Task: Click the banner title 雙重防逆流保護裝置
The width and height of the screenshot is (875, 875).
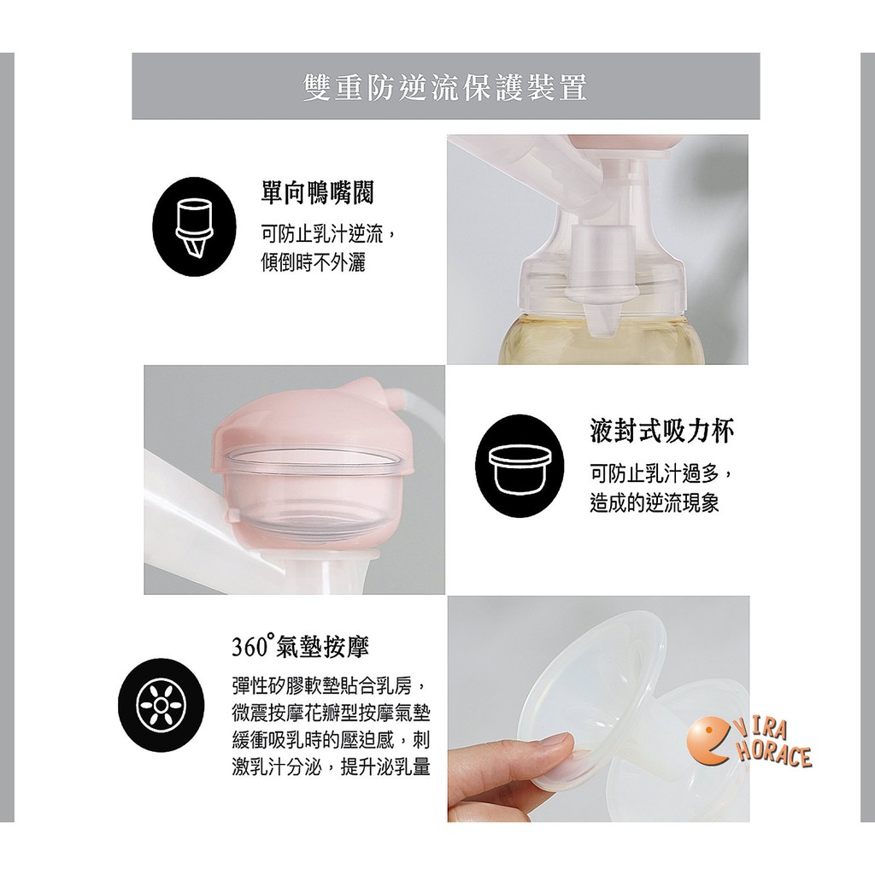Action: tap(445, 88)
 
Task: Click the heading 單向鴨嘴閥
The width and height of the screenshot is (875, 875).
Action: tap(318, 192)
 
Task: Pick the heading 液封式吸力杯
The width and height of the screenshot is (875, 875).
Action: tap(662, 431)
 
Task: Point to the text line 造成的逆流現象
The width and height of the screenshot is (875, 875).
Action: tap(655, 503)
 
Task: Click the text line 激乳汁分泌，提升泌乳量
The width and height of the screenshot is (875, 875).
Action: tap(331, 768)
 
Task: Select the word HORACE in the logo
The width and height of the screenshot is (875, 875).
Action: tap(774, 754)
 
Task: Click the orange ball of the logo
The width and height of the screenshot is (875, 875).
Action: tap(708, 741)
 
